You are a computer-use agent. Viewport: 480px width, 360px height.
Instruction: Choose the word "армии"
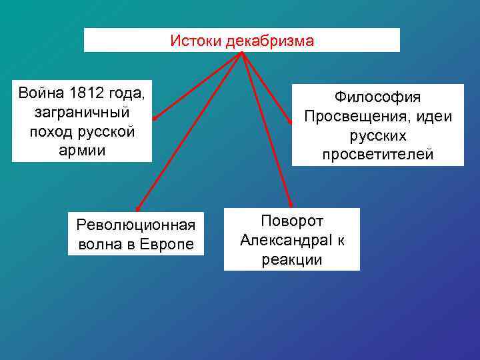pyautogui.click(x=82, y=151)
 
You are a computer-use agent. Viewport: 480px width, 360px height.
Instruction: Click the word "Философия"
pyautogui.click(x=377, y=97)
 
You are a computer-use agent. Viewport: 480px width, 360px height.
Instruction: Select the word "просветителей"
pyautogui.click(x=377, y=155)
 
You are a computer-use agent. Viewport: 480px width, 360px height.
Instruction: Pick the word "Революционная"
pyautogui.click(x=135, y=224)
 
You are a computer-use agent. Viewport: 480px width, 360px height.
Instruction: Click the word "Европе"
pyautogui.click(x=168, y=244)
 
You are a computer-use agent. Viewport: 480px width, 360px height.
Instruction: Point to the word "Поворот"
pyautogui.click(x=291, y=220)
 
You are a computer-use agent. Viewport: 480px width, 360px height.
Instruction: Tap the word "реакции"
pyautogui.click(x=291, y=259)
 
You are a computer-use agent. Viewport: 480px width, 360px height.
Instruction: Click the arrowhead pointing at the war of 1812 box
pyautogui.click(x=154, y=119)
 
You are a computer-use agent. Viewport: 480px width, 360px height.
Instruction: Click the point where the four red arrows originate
pyautogui.click(x=241, y=53)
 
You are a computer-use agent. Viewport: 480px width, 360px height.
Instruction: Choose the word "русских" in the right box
pyautogui.click(x=377, y=135)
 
